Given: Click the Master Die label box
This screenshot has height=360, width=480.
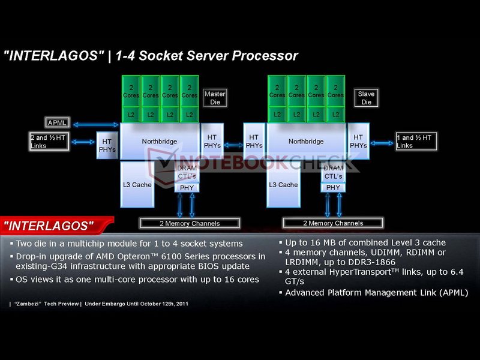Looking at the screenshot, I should tap(214, 98).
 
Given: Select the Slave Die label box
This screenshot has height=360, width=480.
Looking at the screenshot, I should tap(366, 98).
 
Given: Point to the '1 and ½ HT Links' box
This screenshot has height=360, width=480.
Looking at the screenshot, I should tap(415, 142).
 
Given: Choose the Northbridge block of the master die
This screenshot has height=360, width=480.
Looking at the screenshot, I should tap(160, 142).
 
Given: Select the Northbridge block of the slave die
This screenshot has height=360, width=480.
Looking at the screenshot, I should tap(307, 142).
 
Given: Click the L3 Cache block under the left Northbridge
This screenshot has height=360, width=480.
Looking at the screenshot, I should tap(137, 185).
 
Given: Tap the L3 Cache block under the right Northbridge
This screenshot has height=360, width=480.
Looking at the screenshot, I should tap(283, 185).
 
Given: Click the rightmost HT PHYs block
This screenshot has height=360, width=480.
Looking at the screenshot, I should tap(358, 142).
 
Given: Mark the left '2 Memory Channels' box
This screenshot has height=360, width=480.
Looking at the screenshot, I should tap(190, 223).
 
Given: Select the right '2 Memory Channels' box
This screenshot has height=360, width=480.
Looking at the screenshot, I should tap(333, 223).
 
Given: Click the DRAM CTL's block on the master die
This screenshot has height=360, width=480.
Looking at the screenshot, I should tap(187, 172).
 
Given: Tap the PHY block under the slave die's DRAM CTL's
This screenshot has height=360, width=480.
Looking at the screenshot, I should tap(333, 187).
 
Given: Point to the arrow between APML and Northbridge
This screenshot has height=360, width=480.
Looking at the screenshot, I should tap(96, 124).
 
